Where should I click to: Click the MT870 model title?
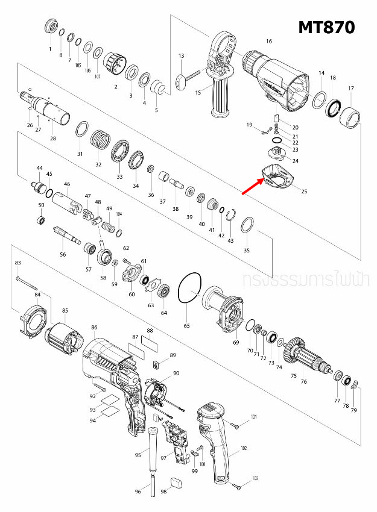[326, 28]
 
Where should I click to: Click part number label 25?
[304, 192]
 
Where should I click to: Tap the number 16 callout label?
[269, 41]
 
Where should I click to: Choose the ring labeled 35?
[247, 226]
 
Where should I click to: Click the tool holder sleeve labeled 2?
[113, 63]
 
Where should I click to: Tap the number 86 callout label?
[94, 327]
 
